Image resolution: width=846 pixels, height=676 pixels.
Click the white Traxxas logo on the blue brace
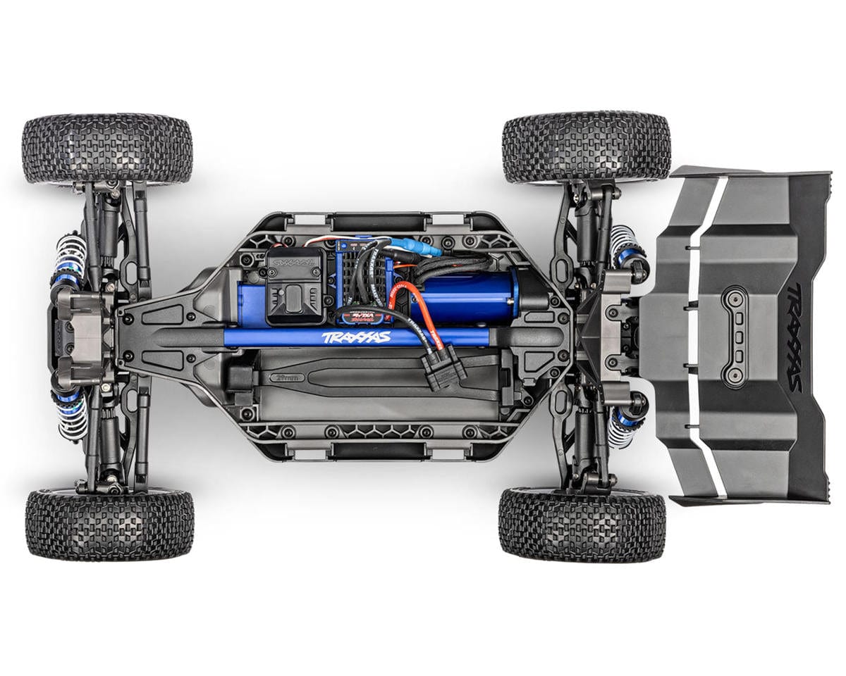pos(356,337)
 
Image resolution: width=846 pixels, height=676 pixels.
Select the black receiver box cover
pos(295,285)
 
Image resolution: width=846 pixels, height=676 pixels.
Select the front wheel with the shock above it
pos(107,150)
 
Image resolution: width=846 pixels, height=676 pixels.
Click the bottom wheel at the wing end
pos(582,524)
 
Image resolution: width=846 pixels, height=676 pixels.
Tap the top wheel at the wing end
pos(586,147)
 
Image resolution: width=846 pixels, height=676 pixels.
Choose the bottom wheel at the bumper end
pos(109,525)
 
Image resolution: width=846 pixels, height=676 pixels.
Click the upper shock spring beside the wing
pos(625,244)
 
